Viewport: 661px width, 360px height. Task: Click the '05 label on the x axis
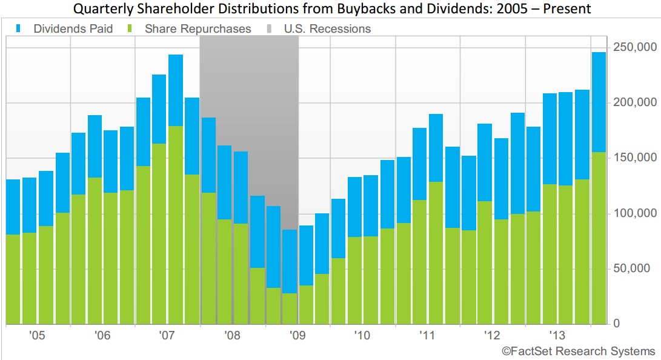point(38,335)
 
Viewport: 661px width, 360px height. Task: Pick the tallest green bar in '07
point(176,224)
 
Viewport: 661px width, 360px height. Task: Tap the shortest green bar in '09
point(290,308)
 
